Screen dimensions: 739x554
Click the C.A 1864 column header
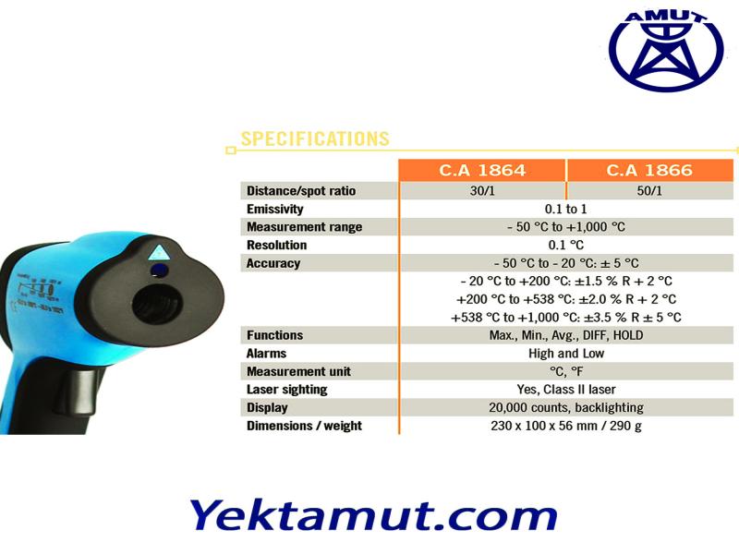(481, 170)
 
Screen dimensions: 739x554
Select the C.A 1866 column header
(649, 170)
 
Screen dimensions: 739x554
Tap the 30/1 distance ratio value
(482, 191)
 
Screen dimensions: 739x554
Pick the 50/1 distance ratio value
(649, 191)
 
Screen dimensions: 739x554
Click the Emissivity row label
(274, 210)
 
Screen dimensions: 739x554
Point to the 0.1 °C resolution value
(565, 245)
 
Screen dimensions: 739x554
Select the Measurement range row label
(305, 227)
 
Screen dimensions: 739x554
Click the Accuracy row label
(273, 263)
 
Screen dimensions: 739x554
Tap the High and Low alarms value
(566, 354)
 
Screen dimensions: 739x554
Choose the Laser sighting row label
(287, 390)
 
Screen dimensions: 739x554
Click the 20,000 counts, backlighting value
(566, 407)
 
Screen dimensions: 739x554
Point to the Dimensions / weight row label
(304, 426)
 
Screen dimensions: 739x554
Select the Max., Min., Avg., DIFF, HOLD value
(566, 335)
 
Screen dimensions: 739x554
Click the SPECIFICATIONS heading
(315, 139)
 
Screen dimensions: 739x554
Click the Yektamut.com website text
(373, 517)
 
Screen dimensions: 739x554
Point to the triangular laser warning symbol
(159, 252)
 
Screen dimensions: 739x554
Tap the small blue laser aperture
(159, 271)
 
